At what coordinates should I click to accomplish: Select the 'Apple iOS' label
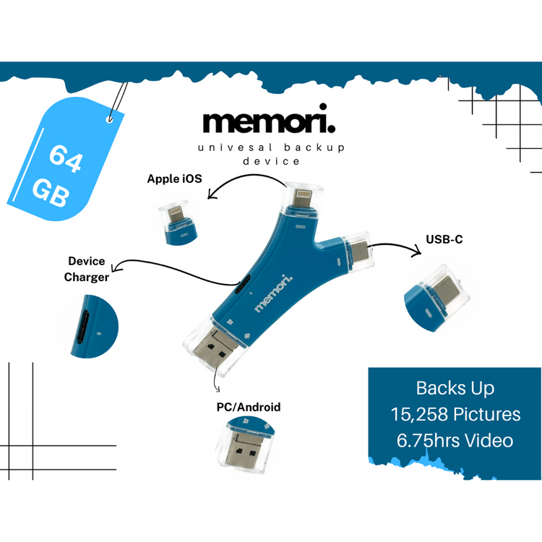point(175,178)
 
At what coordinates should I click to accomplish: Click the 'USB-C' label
point(444,238)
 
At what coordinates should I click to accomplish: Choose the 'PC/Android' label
point(249,407)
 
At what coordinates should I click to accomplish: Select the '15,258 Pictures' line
point(455,413)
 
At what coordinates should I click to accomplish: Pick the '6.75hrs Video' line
point(455,440)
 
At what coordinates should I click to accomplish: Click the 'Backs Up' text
point(455,387)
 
